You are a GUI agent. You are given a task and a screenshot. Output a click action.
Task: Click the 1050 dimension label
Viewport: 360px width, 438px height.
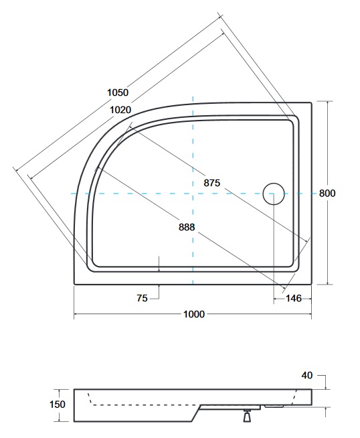[118, 92]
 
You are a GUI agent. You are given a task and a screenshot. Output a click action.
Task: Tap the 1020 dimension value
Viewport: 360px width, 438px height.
[120, 110]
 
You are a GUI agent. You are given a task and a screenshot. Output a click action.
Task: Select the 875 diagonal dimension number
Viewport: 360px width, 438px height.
[212, 183]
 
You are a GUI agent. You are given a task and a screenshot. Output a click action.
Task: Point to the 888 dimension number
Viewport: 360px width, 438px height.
[187, 227]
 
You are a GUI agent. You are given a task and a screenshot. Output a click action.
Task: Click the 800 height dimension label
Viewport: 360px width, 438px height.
[327, 193]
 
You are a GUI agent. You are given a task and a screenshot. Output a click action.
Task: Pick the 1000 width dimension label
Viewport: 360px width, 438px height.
[194, 314]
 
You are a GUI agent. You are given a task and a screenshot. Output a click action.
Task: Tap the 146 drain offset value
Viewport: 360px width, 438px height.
[294, 298]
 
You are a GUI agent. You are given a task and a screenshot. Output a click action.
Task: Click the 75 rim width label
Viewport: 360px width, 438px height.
[142, 298]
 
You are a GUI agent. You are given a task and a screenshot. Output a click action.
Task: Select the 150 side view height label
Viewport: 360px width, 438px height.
[57, 405]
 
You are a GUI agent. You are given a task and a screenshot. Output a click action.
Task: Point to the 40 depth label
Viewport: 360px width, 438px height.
[307, 376]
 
